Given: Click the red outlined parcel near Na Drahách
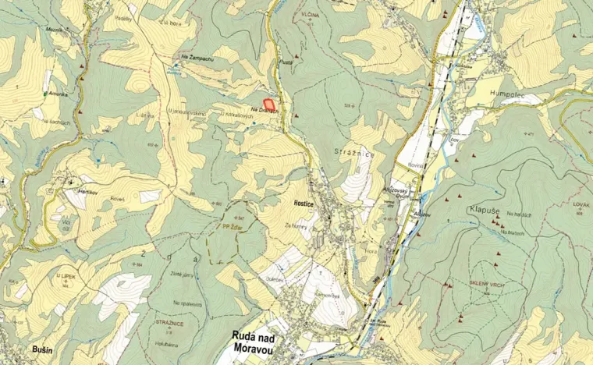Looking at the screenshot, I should point(269,102).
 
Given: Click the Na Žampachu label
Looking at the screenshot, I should point(197,58).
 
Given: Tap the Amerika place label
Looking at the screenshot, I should point(59,93).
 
